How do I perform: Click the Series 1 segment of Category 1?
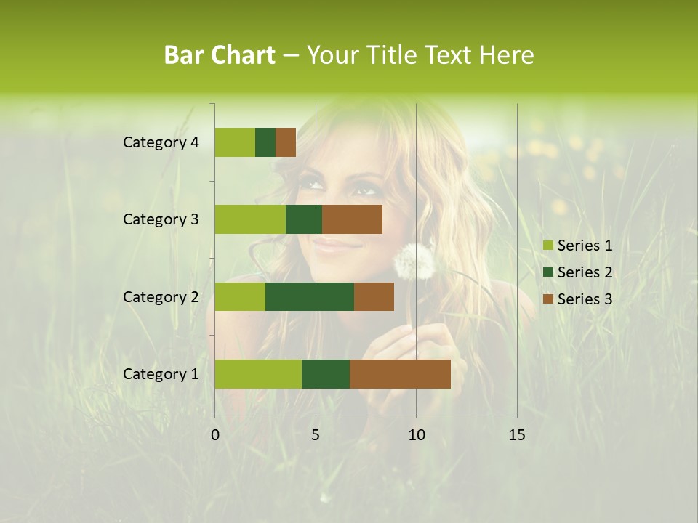258,374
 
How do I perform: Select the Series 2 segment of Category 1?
326,374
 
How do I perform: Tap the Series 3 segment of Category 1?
400,374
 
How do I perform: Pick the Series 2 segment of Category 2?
310,296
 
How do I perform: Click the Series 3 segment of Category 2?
374,296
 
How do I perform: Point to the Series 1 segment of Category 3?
250,219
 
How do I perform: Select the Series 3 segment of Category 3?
352,219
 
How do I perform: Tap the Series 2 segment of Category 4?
265,142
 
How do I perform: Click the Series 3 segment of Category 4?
286,142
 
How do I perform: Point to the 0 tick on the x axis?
215,435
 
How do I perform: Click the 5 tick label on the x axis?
316,435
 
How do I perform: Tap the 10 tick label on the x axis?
416,435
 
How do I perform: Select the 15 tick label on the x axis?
516,435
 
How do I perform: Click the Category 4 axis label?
161,142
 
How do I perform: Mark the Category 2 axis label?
161,296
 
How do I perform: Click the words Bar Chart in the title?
220,55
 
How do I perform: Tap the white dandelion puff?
414,261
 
